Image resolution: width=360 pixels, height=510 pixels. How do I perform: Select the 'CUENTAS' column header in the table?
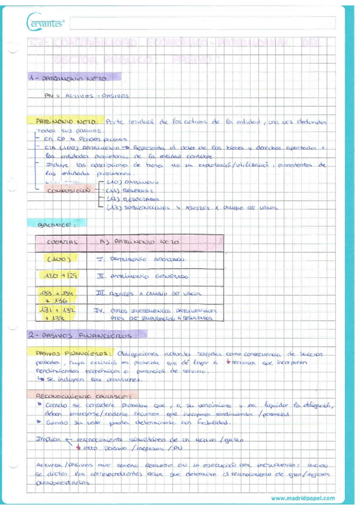60,242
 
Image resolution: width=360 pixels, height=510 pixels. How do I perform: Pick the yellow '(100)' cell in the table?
61,260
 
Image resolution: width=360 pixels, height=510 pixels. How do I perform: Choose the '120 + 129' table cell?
61,277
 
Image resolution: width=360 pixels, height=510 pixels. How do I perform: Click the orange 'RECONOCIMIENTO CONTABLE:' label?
81,395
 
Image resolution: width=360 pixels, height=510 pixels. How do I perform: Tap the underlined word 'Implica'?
48,439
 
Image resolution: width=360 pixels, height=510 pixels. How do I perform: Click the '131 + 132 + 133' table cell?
61,314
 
